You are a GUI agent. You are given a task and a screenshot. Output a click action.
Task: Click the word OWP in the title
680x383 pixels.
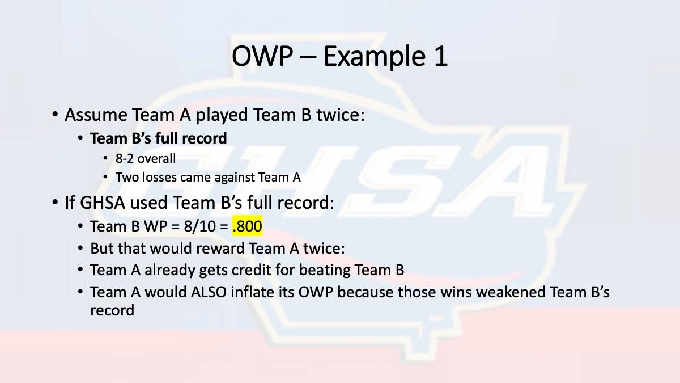[x=262, y=56]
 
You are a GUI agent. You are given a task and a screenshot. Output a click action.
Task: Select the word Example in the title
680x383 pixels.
[x=373, y=57]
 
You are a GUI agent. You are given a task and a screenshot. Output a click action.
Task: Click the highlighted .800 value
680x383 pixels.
[x=248, y=226]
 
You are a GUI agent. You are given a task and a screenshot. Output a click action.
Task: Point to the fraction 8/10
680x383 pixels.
[x=199, y=226]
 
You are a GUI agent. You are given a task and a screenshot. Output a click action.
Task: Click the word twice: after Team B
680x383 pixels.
[x=341, y=115]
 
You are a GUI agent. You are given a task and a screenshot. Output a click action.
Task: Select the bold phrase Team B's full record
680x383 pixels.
[x=159, y=138]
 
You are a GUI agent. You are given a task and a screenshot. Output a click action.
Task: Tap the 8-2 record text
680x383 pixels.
[x=124, y=158]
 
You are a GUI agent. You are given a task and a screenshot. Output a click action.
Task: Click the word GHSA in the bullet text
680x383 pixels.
[x=103, y=203]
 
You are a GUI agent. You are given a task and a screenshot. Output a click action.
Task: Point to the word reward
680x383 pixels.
[x=220, y=248]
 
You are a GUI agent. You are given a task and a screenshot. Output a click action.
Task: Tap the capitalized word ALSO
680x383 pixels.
[x=209, y=292]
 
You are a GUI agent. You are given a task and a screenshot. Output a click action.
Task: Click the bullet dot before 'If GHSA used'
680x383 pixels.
[x=55, y=202]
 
